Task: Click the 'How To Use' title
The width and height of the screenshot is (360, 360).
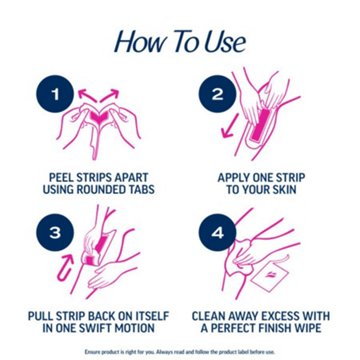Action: tap(179, 41)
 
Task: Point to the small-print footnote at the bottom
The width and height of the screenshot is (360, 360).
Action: tap(179, 352)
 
